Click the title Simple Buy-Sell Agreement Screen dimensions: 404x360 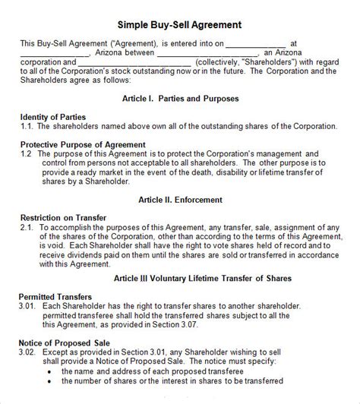pyautogui.click(x=180, y=25)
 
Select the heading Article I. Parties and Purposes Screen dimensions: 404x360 pyautogui.click(x=180, y=99)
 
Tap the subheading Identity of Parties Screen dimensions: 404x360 pyautogui.click(x=52, y=116)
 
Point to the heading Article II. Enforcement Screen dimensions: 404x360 pyautogui.click(x=180, y=199)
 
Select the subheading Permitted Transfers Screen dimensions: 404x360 pyautogui.click(x=56, y=297)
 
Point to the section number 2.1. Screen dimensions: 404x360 pyautogui.click(x=27, y=226)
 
